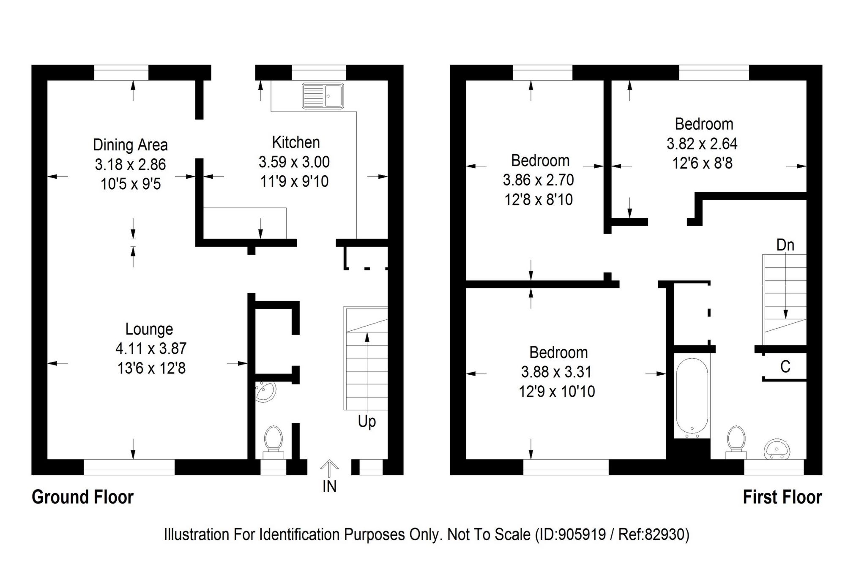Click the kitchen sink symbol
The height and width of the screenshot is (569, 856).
323,96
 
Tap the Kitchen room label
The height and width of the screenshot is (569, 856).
295,142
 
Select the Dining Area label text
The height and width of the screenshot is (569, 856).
130,145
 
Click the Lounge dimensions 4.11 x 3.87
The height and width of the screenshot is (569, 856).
151,348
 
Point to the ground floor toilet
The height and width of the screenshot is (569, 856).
273,441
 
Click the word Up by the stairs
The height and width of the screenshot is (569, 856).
366,422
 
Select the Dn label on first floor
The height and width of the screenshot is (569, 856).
785,245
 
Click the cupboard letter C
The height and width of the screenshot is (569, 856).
785,367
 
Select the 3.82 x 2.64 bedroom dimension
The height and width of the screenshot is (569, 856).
702,144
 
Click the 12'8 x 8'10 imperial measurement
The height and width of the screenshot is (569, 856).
539,199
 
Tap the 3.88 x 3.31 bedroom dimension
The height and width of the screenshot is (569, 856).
556,372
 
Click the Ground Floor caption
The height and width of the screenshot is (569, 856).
82,497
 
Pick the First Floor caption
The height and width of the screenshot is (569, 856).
782,497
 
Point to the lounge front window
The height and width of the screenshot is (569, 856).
129,467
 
